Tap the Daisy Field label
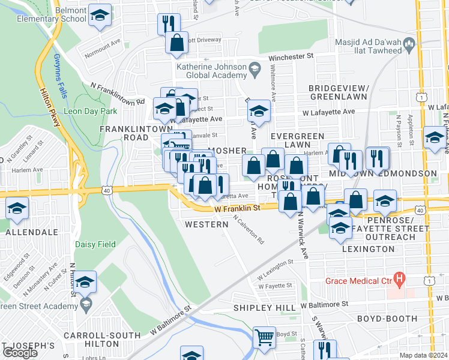click(91, 244)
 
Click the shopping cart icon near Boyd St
click(264, 337)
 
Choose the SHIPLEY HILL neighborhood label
click(265, 308)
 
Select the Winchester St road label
click(291, 56)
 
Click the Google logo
click(20, 353)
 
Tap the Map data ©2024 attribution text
click(423, 355)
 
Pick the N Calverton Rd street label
click(249, 229)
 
